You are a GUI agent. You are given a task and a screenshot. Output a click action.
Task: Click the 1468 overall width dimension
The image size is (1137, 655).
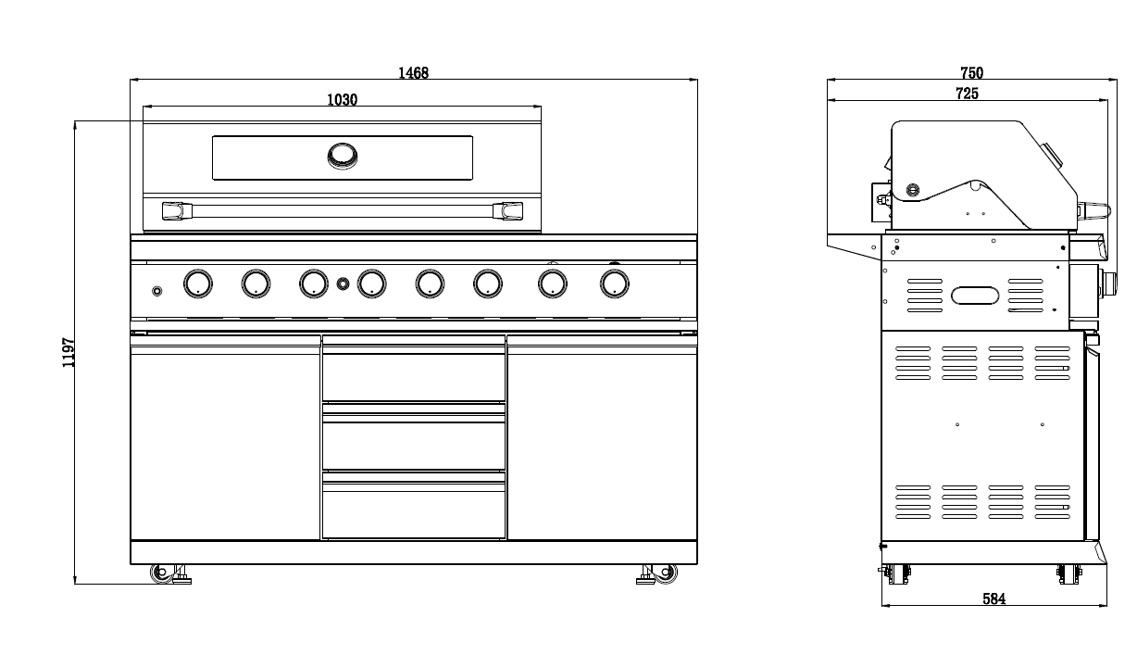413,73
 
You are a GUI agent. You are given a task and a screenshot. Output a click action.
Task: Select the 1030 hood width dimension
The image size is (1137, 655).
342,100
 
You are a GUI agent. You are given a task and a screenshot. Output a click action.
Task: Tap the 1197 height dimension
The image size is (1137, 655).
69,353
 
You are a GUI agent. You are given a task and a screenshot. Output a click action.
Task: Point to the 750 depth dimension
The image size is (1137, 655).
971,73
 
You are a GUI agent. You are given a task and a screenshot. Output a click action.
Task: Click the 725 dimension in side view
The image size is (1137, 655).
967,93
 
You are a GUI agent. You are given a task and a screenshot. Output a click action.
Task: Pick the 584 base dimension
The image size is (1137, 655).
993,599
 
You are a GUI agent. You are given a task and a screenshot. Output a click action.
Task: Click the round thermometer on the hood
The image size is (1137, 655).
342,156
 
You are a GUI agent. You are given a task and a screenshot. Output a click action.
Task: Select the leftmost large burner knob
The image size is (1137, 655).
197,283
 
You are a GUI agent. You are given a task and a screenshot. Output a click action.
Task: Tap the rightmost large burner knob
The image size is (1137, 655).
613,283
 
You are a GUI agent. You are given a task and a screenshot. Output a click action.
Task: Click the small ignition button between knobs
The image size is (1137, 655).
343,283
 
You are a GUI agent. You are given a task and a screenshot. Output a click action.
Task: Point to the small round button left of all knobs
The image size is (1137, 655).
156,292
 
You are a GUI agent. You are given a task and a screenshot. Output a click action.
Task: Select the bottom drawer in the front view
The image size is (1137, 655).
414,510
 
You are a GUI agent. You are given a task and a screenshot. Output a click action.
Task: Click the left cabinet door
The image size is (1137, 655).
225,440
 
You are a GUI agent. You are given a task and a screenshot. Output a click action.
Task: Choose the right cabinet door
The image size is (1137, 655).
602,440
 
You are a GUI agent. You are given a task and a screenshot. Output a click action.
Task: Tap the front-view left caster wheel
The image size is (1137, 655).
162,573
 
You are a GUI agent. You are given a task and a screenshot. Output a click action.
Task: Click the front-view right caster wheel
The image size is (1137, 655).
665,573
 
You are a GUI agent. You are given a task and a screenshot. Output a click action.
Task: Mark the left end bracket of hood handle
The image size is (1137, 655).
172,211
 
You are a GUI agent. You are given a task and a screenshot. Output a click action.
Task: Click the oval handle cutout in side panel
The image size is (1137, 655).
975,296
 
